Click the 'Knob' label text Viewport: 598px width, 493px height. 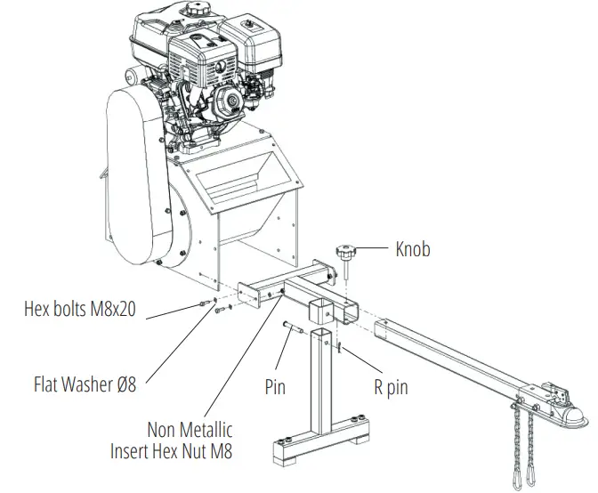[412, 249]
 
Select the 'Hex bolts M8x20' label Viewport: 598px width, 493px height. [80, 311]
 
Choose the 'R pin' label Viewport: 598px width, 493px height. [391, 387]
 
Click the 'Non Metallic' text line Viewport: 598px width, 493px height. [190, 431]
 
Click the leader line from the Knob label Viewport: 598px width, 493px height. [372, 250]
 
